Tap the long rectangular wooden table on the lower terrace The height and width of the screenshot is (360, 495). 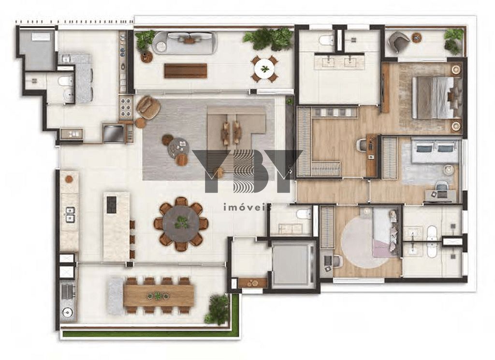click(159, 295)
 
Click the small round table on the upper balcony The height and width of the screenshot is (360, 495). click(264, 69)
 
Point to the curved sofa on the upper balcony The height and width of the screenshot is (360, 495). click(184, 43)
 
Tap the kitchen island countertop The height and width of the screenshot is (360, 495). click(116, 226)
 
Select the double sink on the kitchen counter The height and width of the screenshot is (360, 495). click(70, 214)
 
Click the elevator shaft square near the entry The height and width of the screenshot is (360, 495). click(291, 266)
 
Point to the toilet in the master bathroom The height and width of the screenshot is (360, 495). click(327, 40)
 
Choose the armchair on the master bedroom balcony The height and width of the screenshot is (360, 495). click(399, 42)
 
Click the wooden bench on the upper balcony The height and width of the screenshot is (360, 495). click(185, 71)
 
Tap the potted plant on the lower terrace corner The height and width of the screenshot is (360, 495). click(217, 310)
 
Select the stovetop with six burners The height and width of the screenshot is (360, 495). click(125, 107)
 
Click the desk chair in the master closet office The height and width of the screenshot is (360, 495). click(361, 145)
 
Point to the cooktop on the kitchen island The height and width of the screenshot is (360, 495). click(111, 204)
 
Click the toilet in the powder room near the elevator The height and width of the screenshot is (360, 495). click(304, 214)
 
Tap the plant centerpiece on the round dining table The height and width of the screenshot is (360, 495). click(182, 222)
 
